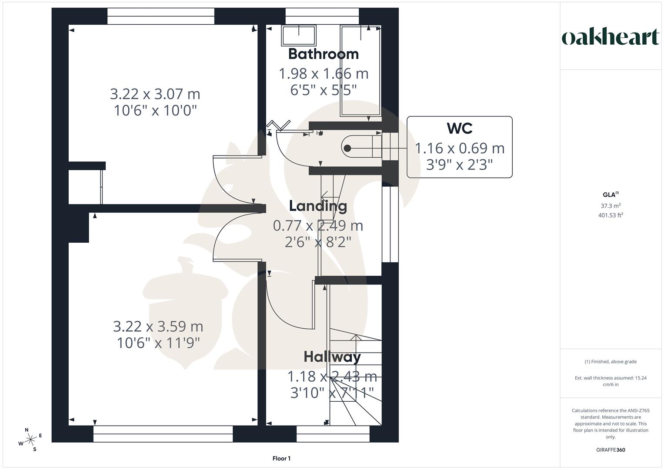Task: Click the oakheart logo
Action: pos(610,37)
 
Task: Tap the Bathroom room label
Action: pos(323,54)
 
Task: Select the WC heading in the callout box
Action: pos(459,129)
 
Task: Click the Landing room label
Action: pos(318,206)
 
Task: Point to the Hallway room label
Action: pos(332,357)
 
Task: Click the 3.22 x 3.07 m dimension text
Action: pos(155,94)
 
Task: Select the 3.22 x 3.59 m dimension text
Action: pos(158,326)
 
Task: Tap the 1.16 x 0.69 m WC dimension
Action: pos(460,149)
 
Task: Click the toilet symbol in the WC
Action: pos(357,148)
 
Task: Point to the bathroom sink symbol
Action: pos(299,35)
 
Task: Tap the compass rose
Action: pos(30,439)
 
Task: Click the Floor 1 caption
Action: pos(281,459)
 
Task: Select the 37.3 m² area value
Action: pos(611,206)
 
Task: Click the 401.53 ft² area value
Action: pos(611,215)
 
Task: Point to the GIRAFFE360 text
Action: pos(611,450)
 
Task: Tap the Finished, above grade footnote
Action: pos(611,362)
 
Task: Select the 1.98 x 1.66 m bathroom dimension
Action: pos(323,74)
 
